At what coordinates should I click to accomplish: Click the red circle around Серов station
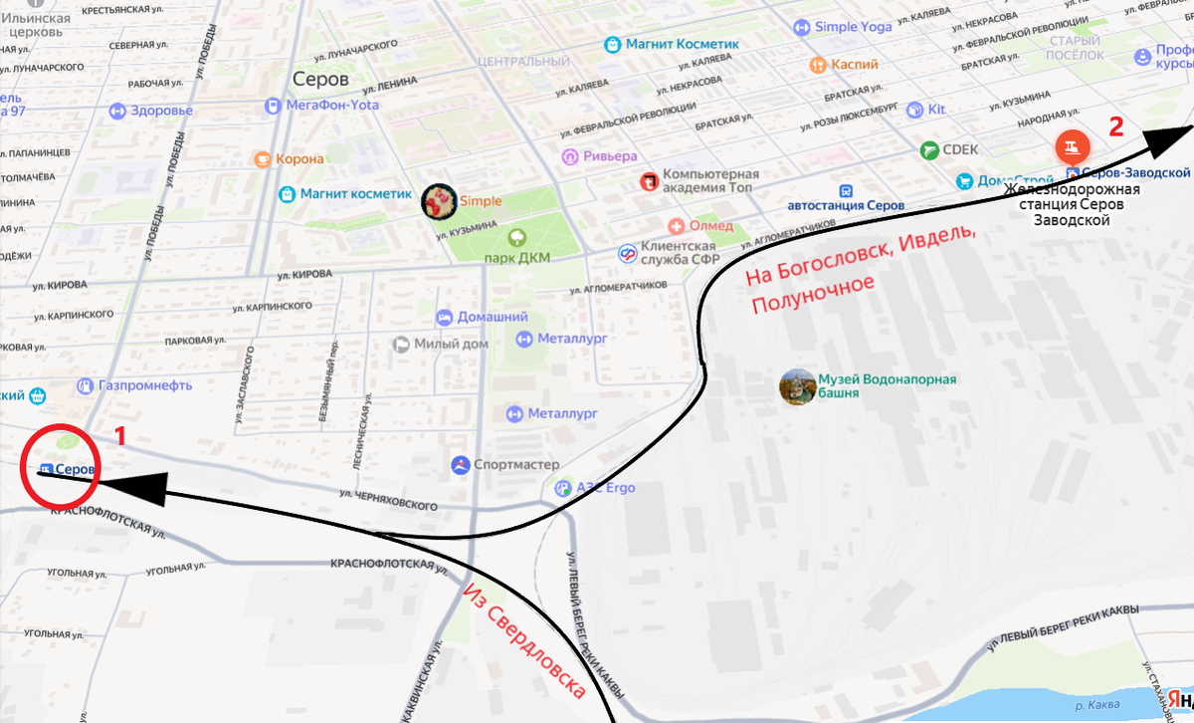[60, 466]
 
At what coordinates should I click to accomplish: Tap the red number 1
[120, 435]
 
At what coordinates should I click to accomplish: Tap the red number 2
[1116, 126]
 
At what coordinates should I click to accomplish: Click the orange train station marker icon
[1071, 148]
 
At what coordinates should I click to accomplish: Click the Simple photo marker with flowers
[439, 202]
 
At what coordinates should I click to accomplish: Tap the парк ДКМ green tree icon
[517, 238]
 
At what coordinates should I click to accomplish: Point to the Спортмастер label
[515, 465]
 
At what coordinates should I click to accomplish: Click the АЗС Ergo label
[604, 488]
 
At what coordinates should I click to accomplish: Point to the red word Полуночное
[812, 293]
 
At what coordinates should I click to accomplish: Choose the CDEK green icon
[929, 150]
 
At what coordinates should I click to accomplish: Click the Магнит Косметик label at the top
[682, 45]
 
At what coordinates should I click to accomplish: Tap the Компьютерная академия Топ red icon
[649, 181]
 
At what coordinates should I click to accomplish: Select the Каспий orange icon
[818, 65]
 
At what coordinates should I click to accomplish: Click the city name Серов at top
[321, 79]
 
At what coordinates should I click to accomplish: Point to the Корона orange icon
[263, 159]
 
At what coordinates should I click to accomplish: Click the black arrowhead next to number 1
[129, 485]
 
